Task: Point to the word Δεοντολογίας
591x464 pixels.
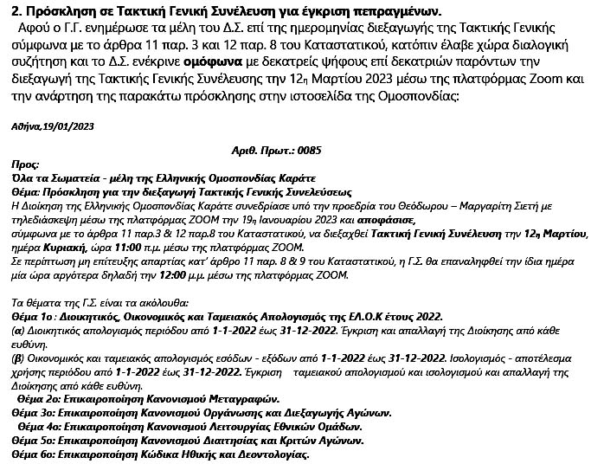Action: point(270,454)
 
